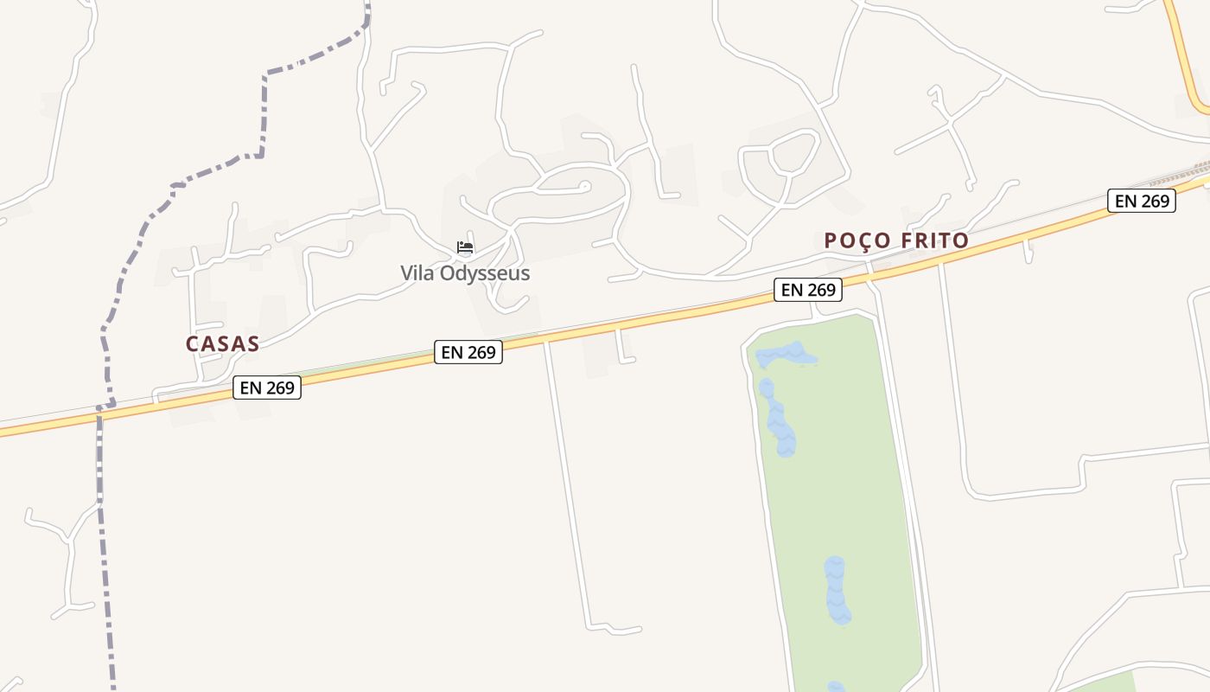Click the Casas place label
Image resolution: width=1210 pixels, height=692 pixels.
222,343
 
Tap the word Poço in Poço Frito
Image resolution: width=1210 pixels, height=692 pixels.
857,240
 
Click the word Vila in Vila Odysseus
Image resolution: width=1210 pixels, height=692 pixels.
417,273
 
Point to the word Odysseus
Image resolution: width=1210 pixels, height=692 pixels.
483,273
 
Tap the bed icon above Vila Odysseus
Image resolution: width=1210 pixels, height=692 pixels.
465,248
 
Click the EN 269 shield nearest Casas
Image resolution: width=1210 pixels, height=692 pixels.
267,388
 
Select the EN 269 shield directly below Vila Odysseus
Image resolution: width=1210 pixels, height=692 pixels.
468,352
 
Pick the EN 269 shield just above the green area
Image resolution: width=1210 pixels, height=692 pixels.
808,290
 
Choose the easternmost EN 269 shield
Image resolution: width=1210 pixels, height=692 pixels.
1142,201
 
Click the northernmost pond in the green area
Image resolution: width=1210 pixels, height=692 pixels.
787,355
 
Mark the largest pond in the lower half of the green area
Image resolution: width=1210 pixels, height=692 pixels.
836,590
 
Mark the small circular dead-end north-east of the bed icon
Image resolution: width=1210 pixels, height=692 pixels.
585,185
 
